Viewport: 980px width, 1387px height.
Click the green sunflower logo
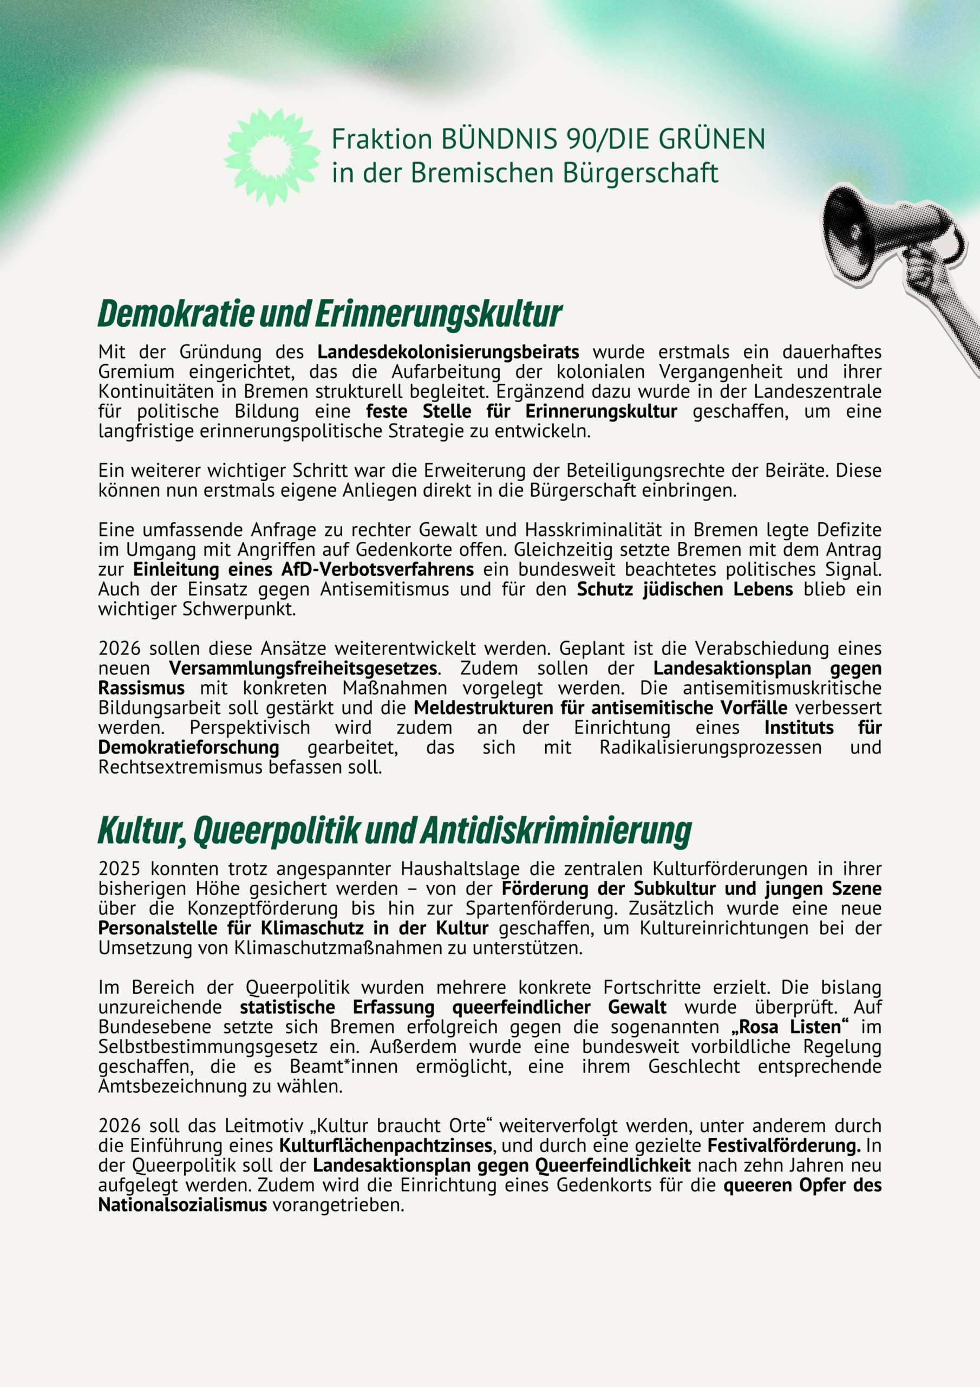(272, 157)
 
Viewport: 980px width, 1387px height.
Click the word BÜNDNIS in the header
(499, 140)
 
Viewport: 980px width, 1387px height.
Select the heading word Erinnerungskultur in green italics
(439, 314)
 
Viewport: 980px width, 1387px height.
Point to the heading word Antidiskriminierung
(556, 831)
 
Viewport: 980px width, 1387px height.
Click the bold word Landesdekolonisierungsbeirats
(448, 352)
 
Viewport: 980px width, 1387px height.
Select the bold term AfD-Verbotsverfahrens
(377, 569)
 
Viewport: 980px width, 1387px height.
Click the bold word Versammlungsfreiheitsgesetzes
(303, 668)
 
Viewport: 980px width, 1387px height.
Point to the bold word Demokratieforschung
(188, 747)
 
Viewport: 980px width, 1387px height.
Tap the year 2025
(119, 869)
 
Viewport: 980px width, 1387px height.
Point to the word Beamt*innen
(344, 1067)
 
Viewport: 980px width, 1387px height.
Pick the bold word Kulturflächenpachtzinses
(386, 1146)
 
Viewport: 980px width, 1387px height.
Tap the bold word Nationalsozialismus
(182, 1205)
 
